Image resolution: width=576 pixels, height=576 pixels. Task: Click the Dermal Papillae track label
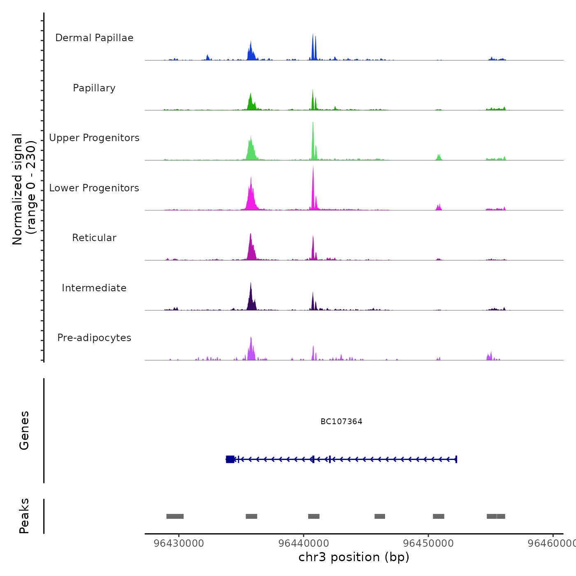tap(94, 38)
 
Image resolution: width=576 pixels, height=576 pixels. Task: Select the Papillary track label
tap(94, 88)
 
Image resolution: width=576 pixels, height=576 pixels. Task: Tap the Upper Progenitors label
tap(94, 138)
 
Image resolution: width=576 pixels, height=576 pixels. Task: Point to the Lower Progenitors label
tap(94, 188)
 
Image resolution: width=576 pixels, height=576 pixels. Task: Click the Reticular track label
tap(94, 238)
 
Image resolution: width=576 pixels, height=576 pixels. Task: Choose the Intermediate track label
tap(94, 288)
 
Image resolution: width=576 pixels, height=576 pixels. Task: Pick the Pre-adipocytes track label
tap(94, 338)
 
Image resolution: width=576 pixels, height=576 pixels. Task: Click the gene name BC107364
tap(341, 421)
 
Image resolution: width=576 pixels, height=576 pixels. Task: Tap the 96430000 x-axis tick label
tap(179, 543)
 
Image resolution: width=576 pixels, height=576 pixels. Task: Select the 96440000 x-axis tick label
tap(303, 543)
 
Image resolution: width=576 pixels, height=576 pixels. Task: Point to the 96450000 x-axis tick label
tap(428, 543)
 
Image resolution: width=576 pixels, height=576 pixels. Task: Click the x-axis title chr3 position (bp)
tap(354, 557)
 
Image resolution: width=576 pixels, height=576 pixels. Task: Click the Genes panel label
tap(24, 430)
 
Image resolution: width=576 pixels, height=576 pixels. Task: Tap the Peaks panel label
tap(24, 516)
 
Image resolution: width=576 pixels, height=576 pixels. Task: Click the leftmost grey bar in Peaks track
tap(175, 516)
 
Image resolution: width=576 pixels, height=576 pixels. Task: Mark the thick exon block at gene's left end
tap(230, 459)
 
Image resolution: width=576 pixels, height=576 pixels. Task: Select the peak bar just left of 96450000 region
tap(380, 516)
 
